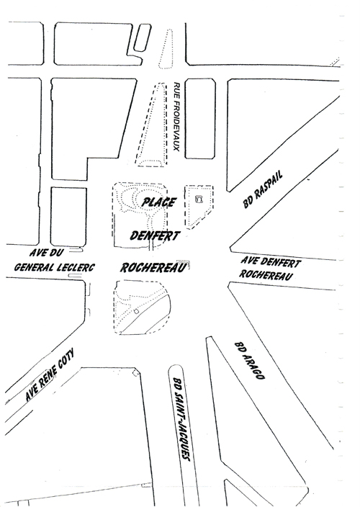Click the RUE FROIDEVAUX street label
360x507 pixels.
point(176,117)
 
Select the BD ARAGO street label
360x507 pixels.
point(249,360)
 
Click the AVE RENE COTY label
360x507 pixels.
point(50,374)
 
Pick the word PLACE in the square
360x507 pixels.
point(159,202)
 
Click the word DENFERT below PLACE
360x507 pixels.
point(154,235)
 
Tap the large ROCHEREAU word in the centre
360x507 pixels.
point(154,267)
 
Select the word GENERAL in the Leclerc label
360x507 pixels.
point(35,267)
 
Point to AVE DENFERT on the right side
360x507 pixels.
point(271,262)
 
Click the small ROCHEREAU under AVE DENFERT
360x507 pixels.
point(266,274)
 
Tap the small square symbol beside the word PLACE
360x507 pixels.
point(199,199)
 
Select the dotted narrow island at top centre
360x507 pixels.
point(166,49)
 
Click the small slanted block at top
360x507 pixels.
point(142,37)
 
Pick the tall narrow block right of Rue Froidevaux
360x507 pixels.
point(200,118)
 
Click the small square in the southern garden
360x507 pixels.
point(136,311)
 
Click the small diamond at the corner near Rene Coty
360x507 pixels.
point(136,373)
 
